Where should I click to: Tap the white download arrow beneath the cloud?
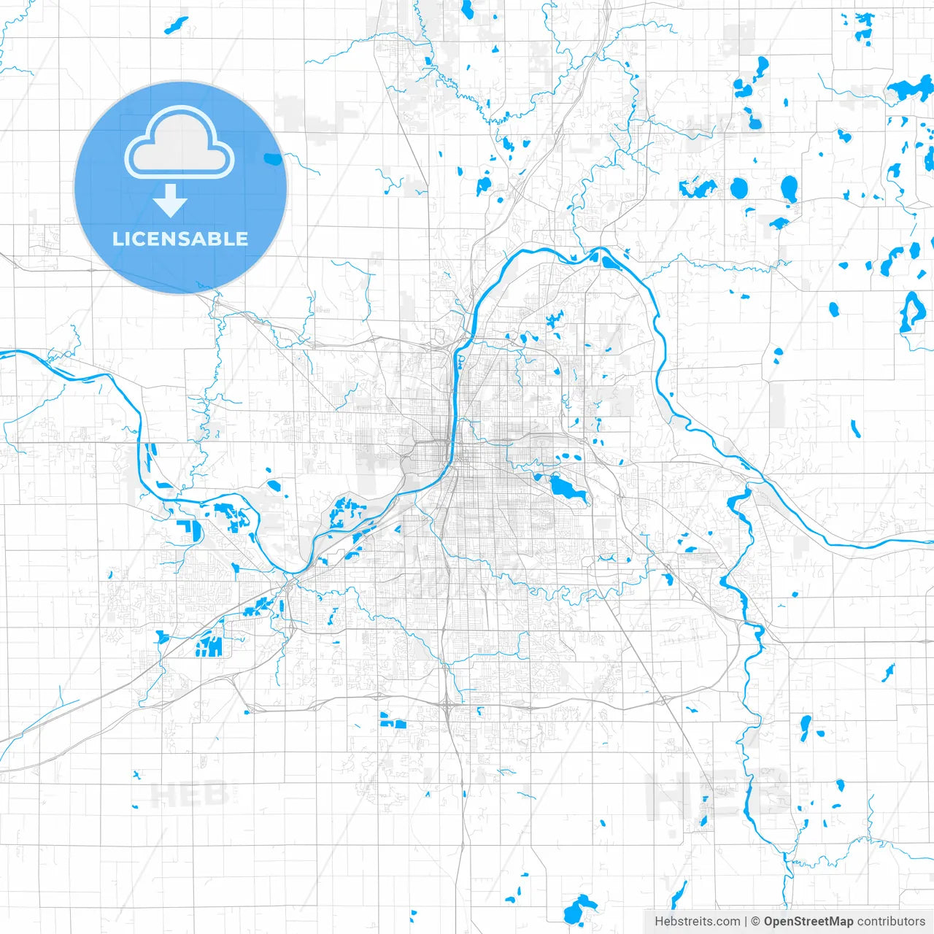(171, 201)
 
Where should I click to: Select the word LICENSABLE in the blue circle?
(180, 239)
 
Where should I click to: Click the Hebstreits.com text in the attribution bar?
(697, 922)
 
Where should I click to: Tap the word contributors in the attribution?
(891, 922)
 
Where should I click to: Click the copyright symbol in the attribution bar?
(756, 922)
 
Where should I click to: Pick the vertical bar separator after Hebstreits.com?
(746, 922)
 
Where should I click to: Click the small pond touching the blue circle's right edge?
(273, 158)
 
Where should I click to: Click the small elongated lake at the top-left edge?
(176, 26)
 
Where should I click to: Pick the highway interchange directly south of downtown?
(447, 704)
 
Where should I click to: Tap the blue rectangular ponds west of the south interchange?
(393, 722)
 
